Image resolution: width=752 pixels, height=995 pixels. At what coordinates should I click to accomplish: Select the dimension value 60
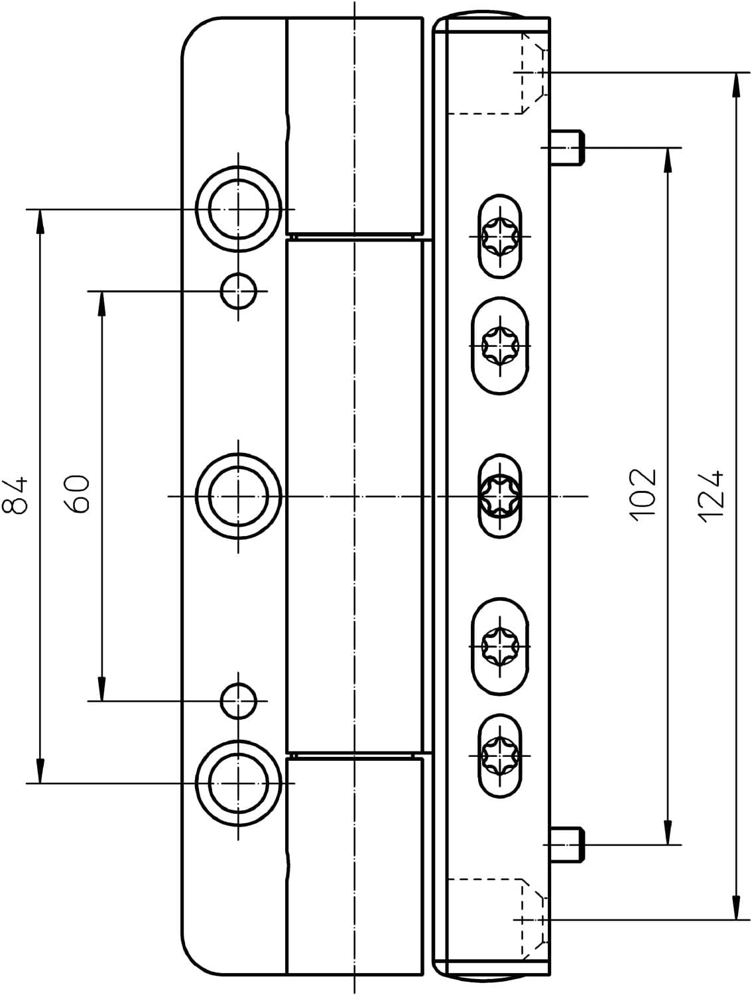tap(76, 494)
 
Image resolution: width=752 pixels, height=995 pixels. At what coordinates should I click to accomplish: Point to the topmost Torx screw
tap(499, 236)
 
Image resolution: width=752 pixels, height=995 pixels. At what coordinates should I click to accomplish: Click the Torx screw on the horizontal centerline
tap(499, 496)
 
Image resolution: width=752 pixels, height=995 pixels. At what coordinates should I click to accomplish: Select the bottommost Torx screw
tap(499, 756)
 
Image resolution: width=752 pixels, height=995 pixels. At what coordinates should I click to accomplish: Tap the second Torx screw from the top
tap(499, 346)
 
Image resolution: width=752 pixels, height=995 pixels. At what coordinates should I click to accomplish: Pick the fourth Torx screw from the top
tap(499, 646)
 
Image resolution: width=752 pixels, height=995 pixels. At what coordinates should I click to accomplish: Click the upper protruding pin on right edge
tap(567, 148)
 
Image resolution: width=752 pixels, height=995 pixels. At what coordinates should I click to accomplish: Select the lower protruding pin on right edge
tap(567, 844)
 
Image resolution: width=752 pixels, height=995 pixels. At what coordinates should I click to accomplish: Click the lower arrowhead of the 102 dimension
tap(667, 832)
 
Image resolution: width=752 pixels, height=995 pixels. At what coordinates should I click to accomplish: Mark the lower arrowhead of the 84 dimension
tap(40, 771)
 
